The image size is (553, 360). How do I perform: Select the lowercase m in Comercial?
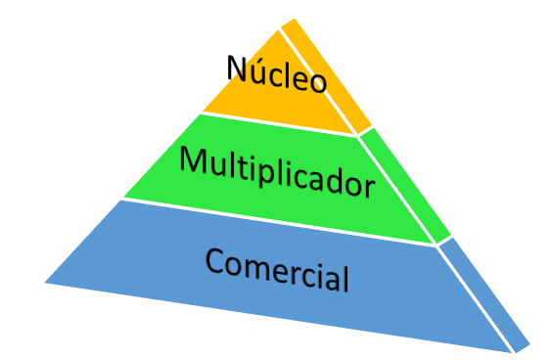coord(257,267)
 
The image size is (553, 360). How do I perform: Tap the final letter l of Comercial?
coord(345,278)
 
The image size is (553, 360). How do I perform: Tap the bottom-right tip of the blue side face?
coord(530,344)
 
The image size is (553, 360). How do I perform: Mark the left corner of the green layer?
coord(124,197)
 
